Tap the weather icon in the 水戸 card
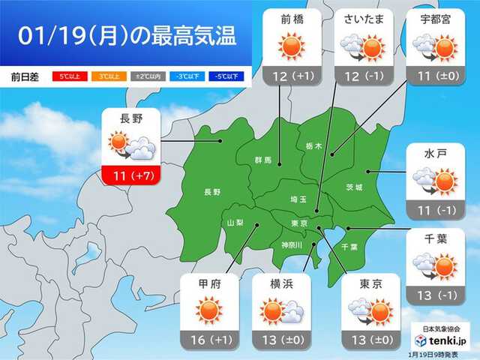click(436, 181)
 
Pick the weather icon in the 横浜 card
click(281, 310)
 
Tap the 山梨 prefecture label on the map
click(235, 222)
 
